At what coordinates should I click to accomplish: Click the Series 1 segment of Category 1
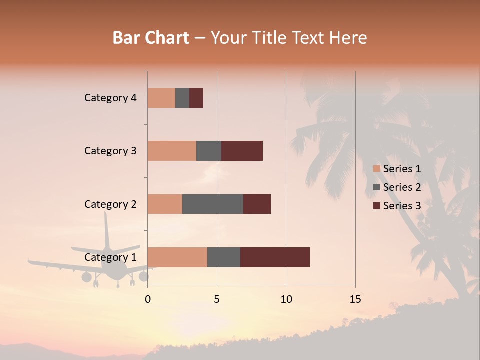(x=177, y=257)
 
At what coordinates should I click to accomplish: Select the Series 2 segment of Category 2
(x=213, y=204)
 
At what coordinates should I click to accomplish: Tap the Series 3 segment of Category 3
(x=242, y=151)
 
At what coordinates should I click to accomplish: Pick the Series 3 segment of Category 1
(x=275, y=257)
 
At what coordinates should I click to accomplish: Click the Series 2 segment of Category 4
(x=182, y=98)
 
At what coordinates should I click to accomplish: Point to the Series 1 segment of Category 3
(x=172, y=151)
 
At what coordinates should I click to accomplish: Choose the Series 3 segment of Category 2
(x=257, y=204)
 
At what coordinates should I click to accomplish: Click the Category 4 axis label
(x=110, y=98)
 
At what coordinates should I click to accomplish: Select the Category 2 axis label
(x=110, y=204)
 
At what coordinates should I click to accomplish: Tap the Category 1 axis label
(x=110, y=257)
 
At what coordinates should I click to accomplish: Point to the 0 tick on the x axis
(x=148, y=299)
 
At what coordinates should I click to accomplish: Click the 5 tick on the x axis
(x=217, y=299)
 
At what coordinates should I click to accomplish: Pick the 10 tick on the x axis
(x=286, y=299)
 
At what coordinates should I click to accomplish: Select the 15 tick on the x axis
(x=355, y=299)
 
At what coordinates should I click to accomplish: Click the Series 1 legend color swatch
(x=377, y=169)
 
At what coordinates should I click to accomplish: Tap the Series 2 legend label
(x=402, y=187)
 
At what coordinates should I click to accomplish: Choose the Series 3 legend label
(x=402, y=206)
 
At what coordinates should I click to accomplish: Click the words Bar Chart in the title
(x=151, y=38)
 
